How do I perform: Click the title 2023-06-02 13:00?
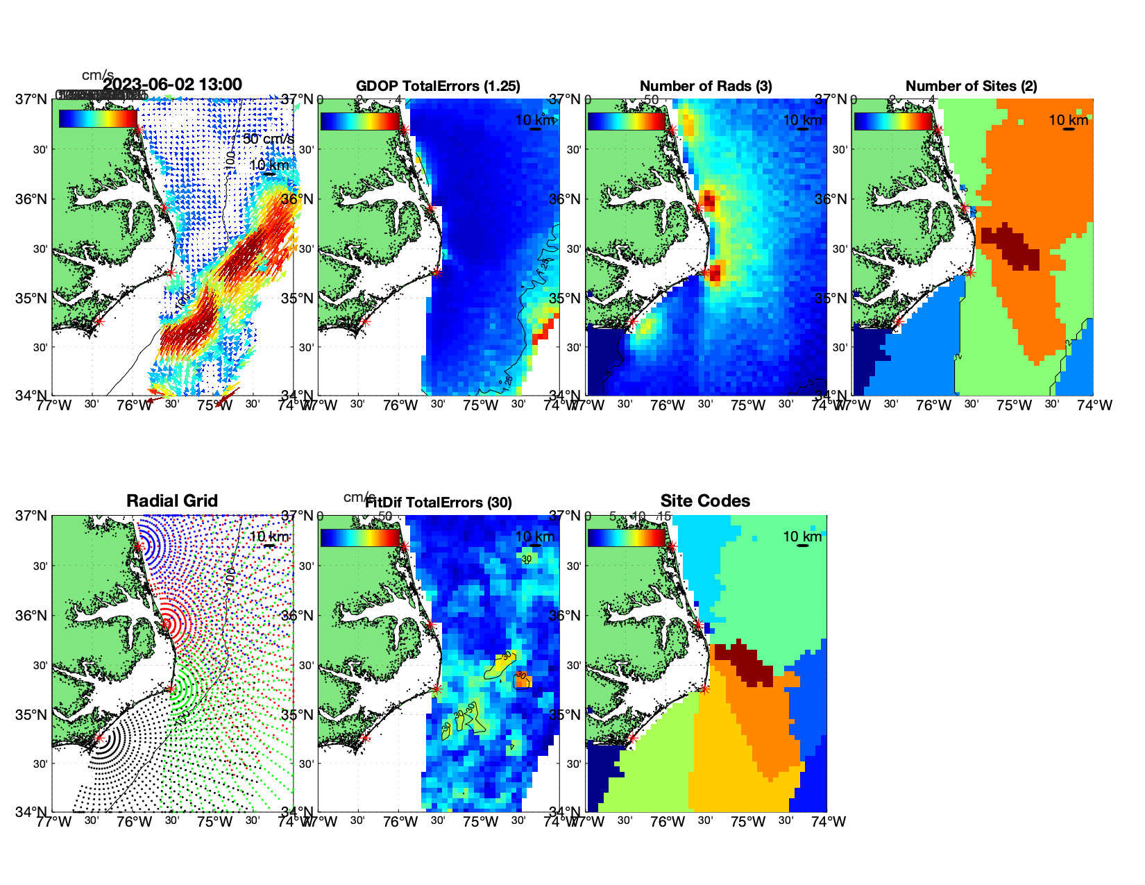coord(172,85)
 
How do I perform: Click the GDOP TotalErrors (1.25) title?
coord(438,86)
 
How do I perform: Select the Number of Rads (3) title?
coord(706,86)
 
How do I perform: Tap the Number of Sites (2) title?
coord(972,86)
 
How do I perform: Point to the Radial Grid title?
coord(172,501)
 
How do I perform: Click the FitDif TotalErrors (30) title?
coord(439,503)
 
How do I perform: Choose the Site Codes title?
coord(705,501)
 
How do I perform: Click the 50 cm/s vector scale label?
coord(268,139)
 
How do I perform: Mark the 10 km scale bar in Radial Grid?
coord(269,546)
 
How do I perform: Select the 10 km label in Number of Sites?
coord(1068,120)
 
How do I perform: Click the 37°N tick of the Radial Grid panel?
coord(32,516)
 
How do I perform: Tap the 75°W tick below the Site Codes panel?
coord(748,822)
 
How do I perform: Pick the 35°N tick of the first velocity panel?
coord(32,298)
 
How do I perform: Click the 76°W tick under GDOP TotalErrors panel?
coord(400,405)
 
